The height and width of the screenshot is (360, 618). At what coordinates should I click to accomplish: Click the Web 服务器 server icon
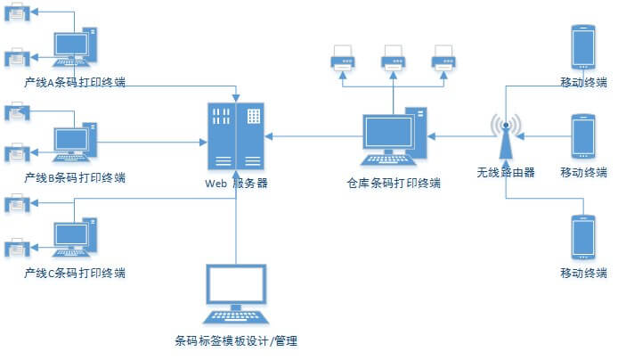click(x=236, y=136)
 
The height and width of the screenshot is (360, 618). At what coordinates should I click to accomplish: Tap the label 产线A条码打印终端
click(x=75, y=83)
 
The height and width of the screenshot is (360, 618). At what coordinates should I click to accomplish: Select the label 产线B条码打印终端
click(x=75, y=177)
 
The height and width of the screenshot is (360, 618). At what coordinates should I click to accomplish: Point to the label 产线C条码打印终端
click(x=75, y=272)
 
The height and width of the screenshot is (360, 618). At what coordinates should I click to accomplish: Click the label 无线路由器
click(x=506, y=173)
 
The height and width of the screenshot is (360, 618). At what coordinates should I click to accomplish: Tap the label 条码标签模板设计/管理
click(x=235, y=340)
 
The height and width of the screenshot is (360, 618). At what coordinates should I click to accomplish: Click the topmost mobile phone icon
click(x=583, y=47)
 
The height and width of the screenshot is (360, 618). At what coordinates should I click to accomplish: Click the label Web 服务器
click(x=236, y=184)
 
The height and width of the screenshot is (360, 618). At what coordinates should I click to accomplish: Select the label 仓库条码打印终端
click(x=394, y=184)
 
